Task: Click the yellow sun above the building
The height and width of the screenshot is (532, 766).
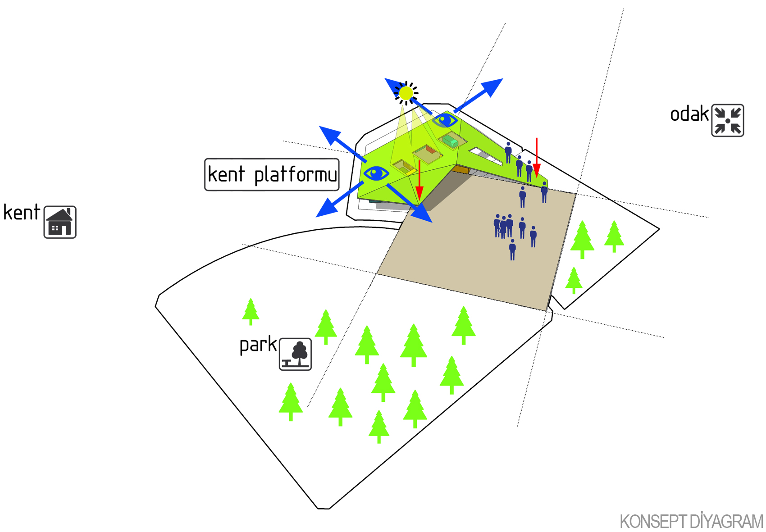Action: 406,93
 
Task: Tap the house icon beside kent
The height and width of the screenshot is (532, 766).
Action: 60,222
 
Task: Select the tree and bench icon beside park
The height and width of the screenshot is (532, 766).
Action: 295,354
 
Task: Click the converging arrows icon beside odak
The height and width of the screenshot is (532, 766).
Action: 727,120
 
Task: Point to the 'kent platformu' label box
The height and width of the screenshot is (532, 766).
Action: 272,174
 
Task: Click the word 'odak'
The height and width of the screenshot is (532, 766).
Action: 689,114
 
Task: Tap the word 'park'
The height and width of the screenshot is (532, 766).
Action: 258,345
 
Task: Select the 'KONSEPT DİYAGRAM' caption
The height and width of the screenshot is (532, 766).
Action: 691,522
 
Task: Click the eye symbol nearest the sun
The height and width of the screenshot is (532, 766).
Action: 445,120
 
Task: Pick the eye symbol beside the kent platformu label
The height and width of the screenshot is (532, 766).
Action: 376,173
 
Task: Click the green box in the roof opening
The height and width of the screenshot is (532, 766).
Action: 450,141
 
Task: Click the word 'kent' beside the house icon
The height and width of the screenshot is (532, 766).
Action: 21,213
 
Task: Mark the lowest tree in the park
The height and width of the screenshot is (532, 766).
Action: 379,426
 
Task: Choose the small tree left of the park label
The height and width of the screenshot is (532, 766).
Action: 251,311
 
